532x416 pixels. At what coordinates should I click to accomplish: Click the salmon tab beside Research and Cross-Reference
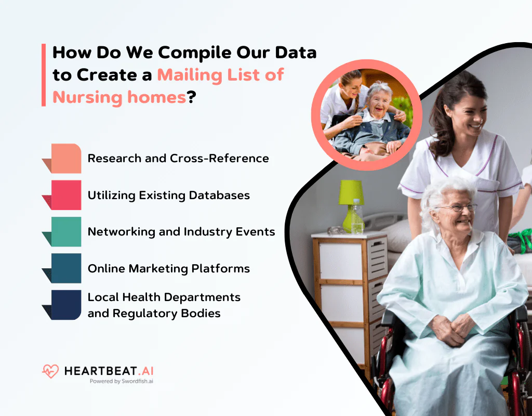tap(65, 158)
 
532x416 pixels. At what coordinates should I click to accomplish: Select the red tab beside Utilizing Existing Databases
tap(65, 195)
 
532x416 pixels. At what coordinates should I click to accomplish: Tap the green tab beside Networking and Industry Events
tap(65, 231)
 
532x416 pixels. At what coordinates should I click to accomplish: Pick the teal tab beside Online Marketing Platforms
tap(65, 268)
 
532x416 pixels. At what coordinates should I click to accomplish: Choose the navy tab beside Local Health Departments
tap(65, 305)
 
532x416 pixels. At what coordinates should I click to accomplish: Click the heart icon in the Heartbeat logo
tap(50, 371)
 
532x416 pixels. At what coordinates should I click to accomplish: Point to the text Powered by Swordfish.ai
tap(121, 381)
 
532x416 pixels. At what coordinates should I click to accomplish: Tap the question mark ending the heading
tap(191, 97)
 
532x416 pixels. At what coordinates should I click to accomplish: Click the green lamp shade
tap(351, 192)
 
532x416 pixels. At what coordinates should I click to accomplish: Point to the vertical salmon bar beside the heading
tap(44, 75)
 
